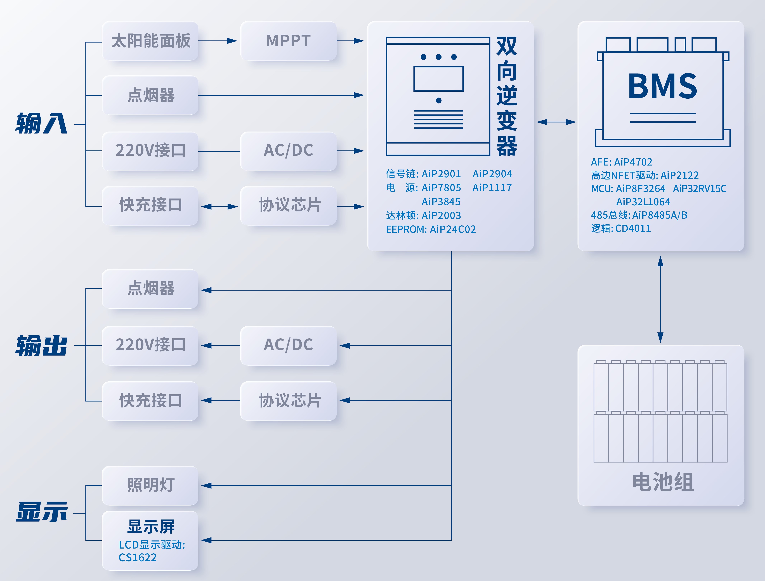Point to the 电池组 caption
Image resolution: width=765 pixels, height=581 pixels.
662,482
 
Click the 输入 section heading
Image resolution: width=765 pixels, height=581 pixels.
41,123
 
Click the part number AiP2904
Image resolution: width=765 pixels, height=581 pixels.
492,174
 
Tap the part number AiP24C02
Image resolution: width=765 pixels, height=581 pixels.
453,229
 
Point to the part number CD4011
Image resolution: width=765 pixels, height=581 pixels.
633,228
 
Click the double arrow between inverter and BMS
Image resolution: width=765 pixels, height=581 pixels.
556,122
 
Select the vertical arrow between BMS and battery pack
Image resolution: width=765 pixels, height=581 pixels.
660,299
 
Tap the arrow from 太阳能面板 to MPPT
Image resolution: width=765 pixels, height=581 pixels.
218,41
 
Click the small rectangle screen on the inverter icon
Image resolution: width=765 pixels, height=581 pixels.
438,79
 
